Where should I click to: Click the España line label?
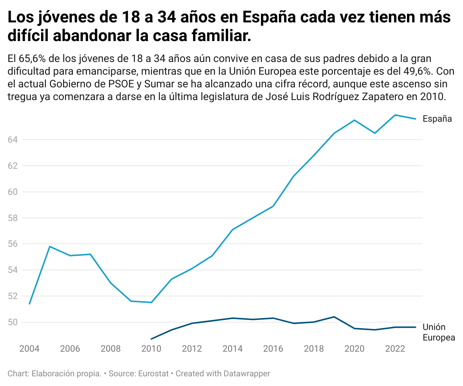pyautogui.click(x=437, y=119)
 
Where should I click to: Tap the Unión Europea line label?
pyautogui.click(x=439, y=332)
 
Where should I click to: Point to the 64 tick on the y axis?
pyautogui.click(x=13, y=140)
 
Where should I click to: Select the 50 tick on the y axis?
pyautogui.click(x=13, y=322)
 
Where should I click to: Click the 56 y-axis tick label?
pyautogui.click(x=13, y=244)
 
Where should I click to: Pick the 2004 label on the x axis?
pyautogui.click(x=29, y=349)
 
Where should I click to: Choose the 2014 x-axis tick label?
pyautogui.click(x=233, y=349)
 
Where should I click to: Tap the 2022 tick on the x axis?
pyautogui.click(x=395, y=349)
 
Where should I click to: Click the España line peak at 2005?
pyautogui.click(x=50, y=246)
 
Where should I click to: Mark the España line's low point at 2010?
pyautogui.click(x=151, y=302)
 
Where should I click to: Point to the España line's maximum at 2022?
pyautogui.click(x=395, y=115)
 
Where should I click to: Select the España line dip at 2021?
pyautogui.click(x=375, y=133)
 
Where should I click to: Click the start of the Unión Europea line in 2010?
pyautogui.click(x=151, y=339)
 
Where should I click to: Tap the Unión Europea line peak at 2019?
pyautogui.click(x=334, y=317)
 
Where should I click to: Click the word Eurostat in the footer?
pyautogui.click(x=153, y=374)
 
